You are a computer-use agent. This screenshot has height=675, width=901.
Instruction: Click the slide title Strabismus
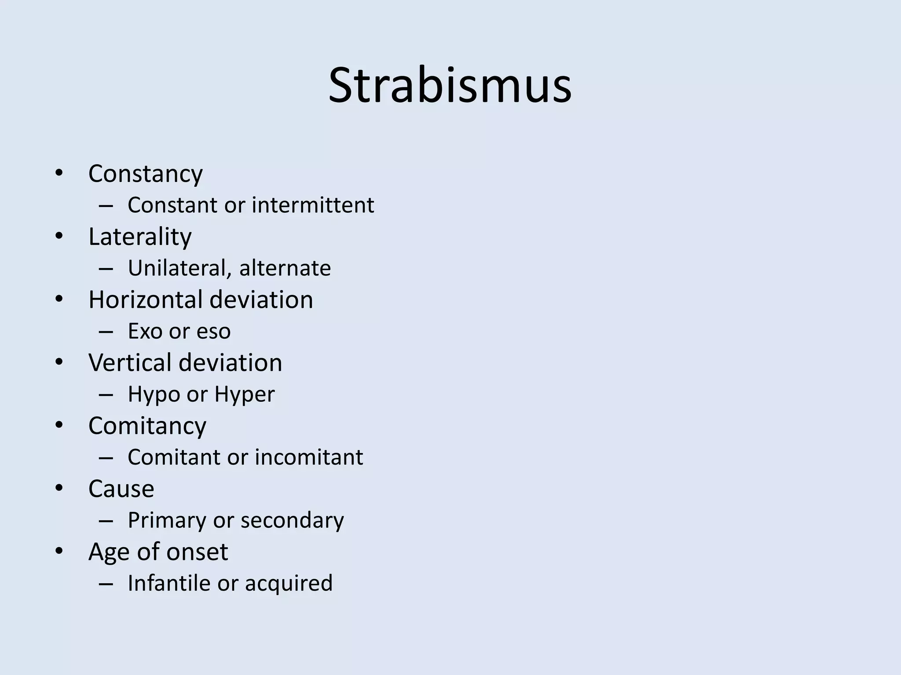(x=450, y=85)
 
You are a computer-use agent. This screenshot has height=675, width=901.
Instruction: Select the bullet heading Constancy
(x=145, y=174)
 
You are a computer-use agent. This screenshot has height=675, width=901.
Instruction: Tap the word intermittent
(x=313, y=205)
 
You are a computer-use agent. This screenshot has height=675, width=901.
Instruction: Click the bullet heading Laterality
(x=140, y=237)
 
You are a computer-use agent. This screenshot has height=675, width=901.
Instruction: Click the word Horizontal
(x=145, y=300)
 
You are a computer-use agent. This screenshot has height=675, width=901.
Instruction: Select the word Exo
(x=145, y=331)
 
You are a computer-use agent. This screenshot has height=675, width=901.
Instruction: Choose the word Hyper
(x=244, y=394)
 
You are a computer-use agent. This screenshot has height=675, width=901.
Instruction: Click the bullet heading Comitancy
(x=147, y=426)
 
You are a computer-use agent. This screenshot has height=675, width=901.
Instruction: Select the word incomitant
(x=309, y=457)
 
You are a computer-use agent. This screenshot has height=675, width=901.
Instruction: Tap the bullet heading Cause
(x=121, y=489)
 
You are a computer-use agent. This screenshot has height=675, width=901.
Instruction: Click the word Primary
(x=167, y=520)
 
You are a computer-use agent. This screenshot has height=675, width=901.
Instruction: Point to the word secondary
(x=292, y=520)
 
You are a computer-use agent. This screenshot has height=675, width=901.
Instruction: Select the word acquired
(x=289, y=584)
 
